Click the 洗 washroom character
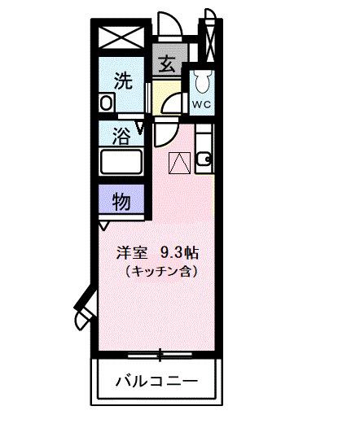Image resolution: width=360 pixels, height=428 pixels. (x=122, y=81)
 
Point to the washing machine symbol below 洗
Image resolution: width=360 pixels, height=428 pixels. (x=106, y=103)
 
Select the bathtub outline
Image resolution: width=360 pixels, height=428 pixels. (x=121, y=161)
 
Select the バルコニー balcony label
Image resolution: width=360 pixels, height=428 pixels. (x=155, y=381)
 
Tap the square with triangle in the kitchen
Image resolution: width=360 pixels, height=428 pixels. (x=178, y=163)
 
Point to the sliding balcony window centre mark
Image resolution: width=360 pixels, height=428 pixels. (x=160, y=352)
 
